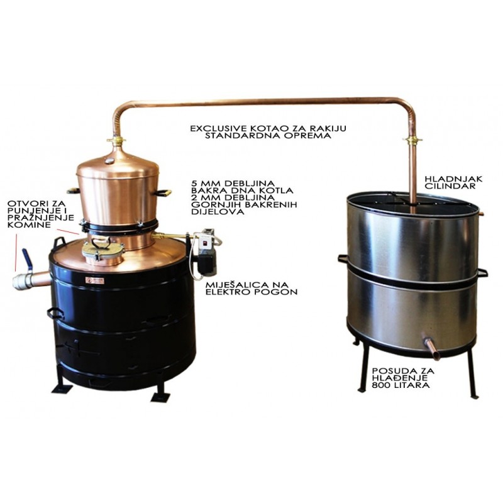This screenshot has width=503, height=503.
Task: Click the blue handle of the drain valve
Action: coord(26,258)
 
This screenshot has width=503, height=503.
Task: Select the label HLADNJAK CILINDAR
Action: coord(453,182)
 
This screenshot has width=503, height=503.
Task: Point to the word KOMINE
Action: coord(29,224)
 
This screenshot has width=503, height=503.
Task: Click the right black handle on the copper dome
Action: coord(163,192)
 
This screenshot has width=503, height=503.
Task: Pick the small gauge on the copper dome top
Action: coord(109,161)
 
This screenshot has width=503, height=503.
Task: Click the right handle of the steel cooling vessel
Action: coord(482,273)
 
